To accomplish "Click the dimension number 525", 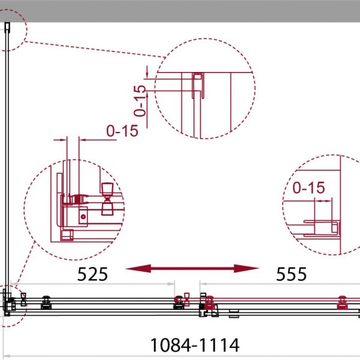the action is click(x=92, y=274).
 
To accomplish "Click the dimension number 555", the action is click(x=291, y=274).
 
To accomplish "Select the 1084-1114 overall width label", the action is click(x=194, y=345).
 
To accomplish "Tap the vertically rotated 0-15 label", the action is click(x=140, y=101).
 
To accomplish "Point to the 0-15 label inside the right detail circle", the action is click(x=308, y=188).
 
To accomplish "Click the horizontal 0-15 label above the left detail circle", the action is click(x=122, y=131).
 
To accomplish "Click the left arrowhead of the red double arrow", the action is click(x=139, y=268).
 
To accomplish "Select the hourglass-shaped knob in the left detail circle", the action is click(x=107, y=199).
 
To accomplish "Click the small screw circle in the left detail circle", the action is click(x=83, y=217).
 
